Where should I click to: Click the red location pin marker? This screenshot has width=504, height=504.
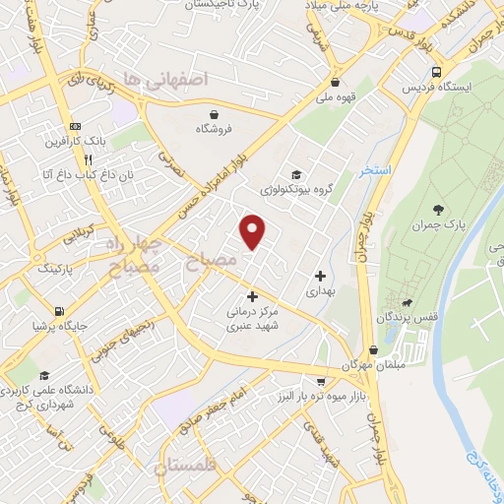tap(253, 231)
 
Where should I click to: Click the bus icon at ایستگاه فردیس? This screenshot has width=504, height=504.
tap(436, 72)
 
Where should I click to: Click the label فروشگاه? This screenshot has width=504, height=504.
tap(215, 129)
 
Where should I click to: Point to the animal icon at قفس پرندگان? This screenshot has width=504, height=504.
tap(406, 301)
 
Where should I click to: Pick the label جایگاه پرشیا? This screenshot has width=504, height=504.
tap(53, 323)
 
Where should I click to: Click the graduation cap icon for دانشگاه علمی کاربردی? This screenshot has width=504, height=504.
tap(45, 375)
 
